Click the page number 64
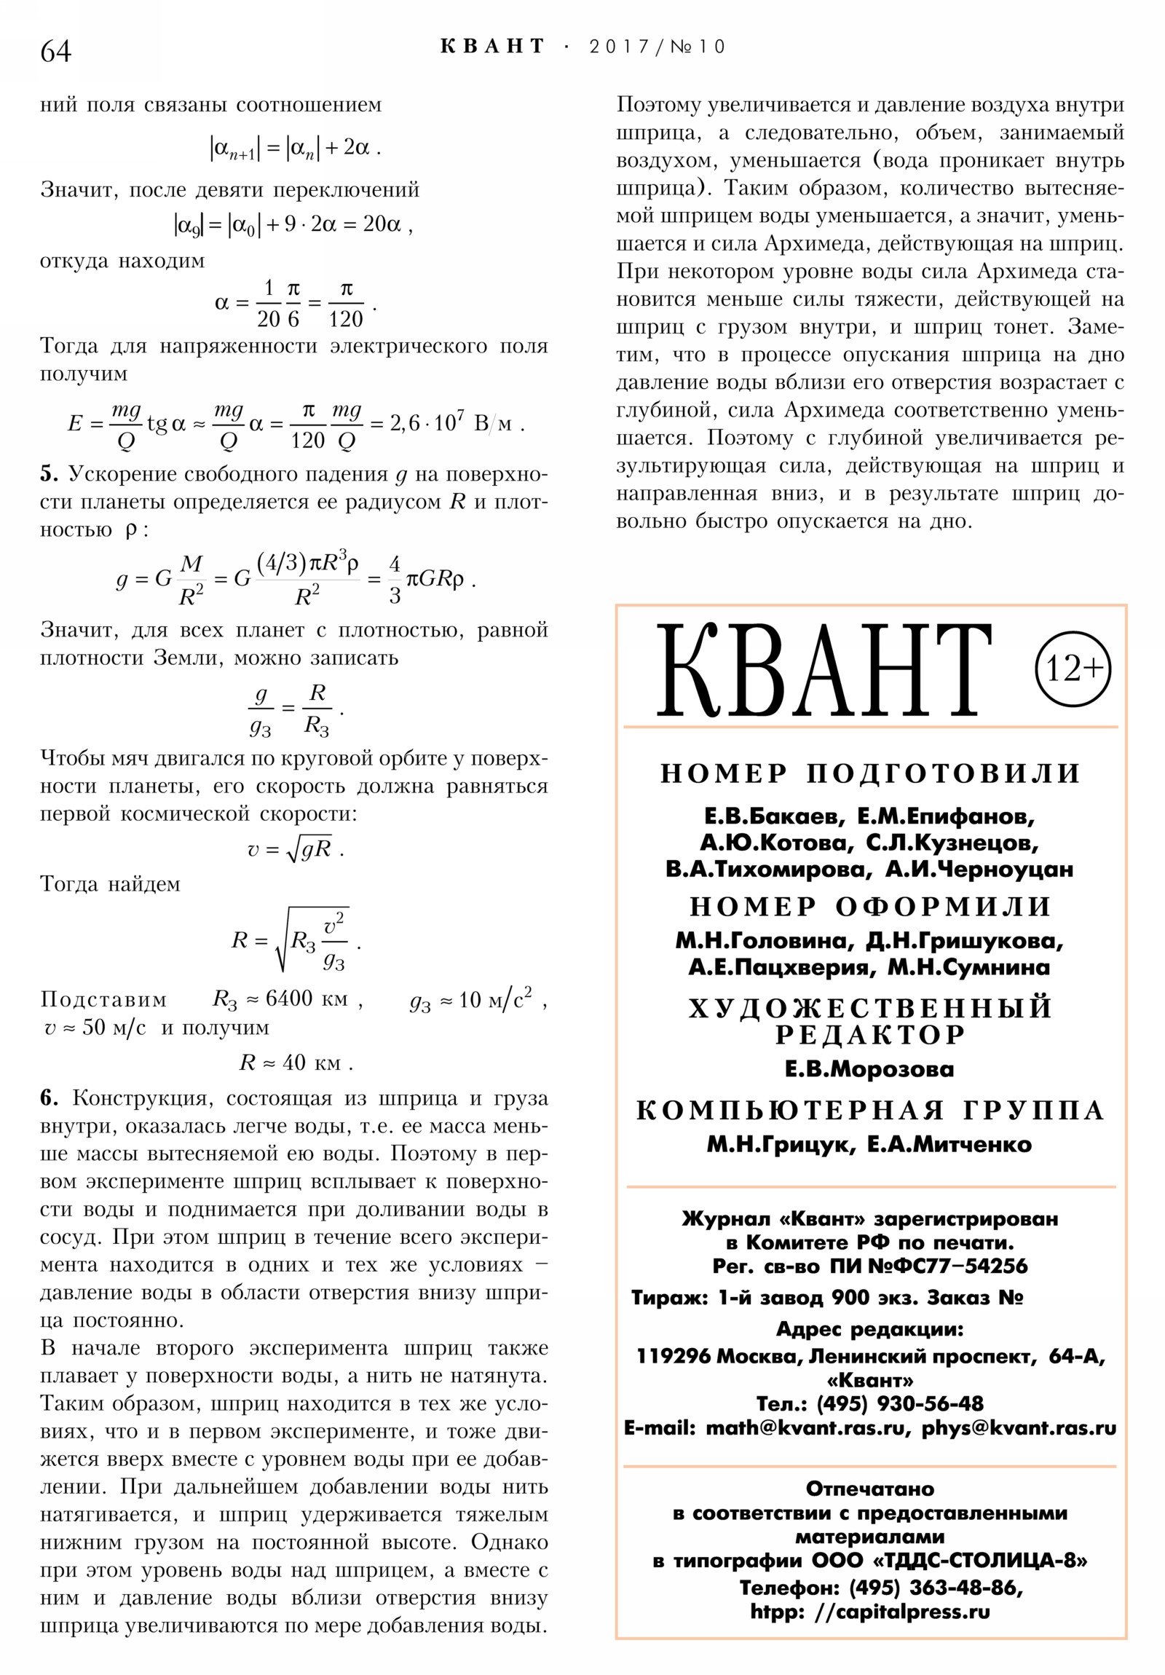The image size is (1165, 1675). click(55, 51)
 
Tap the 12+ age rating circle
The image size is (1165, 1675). click(1072, 669)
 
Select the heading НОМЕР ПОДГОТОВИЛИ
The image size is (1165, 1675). click(869, 773)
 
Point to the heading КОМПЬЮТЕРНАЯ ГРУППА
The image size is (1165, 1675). click(869, 1111)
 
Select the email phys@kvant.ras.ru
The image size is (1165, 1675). click(1019, 1427)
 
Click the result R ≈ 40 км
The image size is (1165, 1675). click(296, 1063)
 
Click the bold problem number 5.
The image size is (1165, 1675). click(48, 474)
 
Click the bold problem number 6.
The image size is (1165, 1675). click(48, 1099)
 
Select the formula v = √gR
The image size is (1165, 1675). click(294, 848)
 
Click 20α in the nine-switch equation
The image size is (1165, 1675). click(382, 224)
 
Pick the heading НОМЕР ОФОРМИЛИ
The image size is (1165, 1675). click(869, 907)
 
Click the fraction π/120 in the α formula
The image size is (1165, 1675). click(345, 304)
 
